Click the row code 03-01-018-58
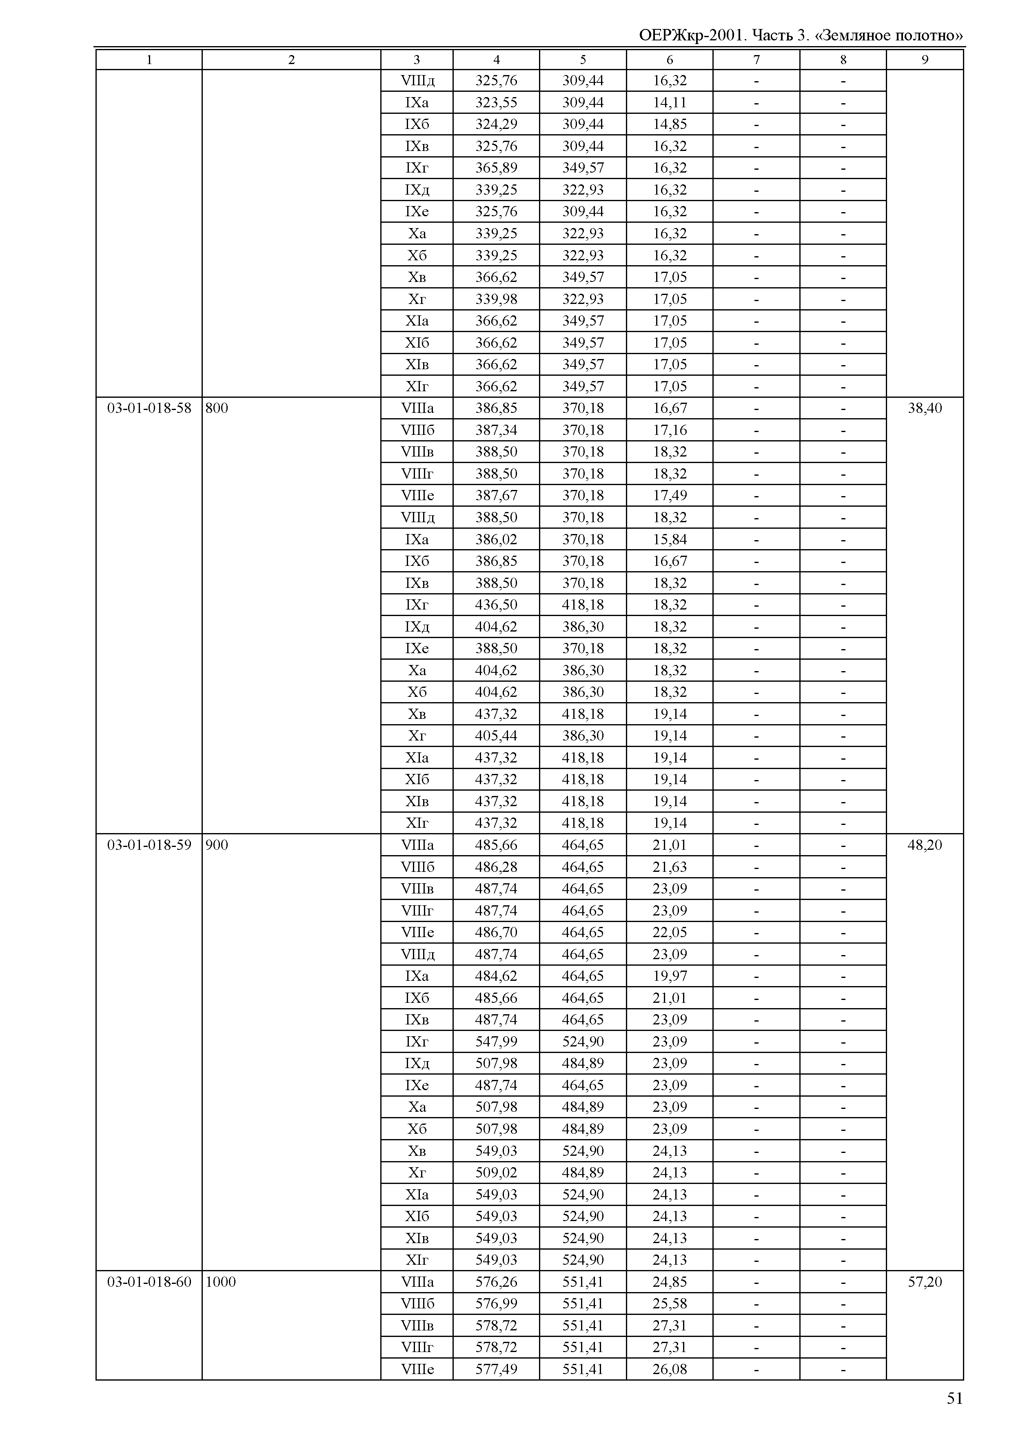149,408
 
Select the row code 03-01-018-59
149,845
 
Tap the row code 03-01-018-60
149,1282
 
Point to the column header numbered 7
756,60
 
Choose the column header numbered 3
417,60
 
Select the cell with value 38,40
925,408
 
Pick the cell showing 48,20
925,845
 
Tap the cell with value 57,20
925,1282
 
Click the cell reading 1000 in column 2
221,1282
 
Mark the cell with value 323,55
496,102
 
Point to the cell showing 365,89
496,168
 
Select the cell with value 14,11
670,102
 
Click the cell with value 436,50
496,605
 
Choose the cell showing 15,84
670,539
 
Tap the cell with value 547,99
496,1042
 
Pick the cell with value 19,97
670,976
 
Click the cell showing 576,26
496,1282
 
